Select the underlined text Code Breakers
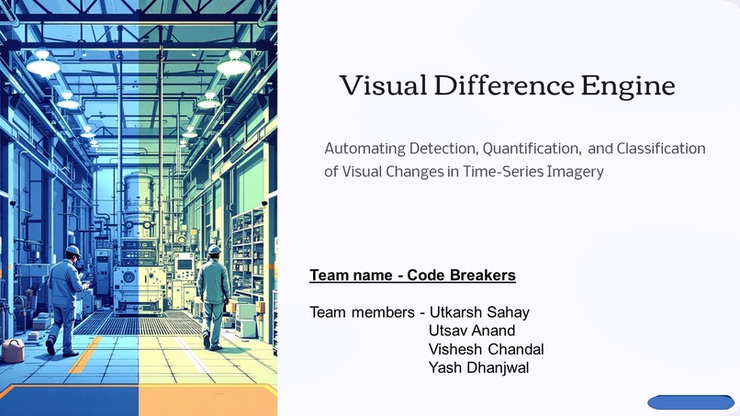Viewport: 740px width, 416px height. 461,275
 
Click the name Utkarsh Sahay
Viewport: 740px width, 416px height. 479,312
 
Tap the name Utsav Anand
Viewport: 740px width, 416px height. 472,331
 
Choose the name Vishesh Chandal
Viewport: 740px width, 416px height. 487,349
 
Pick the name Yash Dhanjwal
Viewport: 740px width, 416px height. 478,367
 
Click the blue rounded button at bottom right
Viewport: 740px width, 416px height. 690,402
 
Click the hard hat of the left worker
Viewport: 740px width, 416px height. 73,251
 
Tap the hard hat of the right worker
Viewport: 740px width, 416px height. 214,249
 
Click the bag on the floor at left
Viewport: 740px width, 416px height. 13,350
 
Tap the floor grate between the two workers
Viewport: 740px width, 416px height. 138,323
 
